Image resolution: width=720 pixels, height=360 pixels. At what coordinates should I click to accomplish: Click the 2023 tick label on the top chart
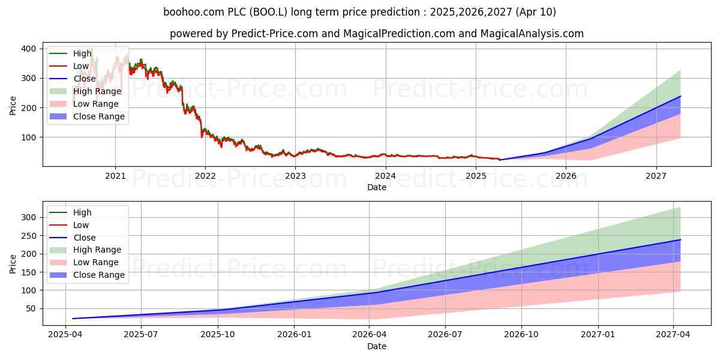tap(295, 176)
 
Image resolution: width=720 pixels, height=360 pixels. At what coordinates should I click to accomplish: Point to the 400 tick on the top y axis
tap(28, 49)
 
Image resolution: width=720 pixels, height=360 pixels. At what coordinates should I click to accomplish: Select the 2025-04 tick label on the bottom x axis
tap(65, 335)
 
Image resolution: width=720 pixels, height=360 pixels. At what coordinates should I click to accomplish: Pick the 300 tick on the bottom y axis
tap(28, 217)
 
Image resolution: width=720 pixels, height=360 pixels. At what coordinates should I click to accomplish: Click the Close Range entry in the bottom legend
tap(99, 275)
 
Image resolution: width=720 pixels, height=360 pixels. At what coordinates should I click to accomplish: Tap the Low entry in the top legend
tap(81, 66)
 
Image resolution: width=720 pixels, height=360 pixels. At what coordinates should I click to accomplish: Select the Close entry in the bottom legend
tap(84, 238)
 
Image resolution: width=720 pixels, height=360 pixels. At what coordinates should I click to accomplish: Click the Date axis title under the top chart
tap(376, 187)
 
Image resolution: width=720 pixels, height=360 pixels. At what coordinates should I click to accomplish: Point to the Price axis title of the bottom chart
tap(13, 263)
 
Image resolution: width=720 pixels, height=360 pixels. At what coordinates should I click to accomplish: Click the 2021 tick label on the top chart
tap(115, 176)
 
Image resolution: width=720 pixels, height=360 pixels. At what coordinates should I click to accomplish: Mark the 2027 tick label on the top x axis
tap(656, 176)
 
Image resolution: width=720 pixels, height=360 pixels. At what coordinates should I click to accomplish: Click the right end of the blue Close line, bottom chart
tap(680, 239)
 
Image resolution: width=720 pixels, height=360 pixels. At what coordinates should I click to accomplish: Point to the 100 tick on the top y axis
tap(28, 137)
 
